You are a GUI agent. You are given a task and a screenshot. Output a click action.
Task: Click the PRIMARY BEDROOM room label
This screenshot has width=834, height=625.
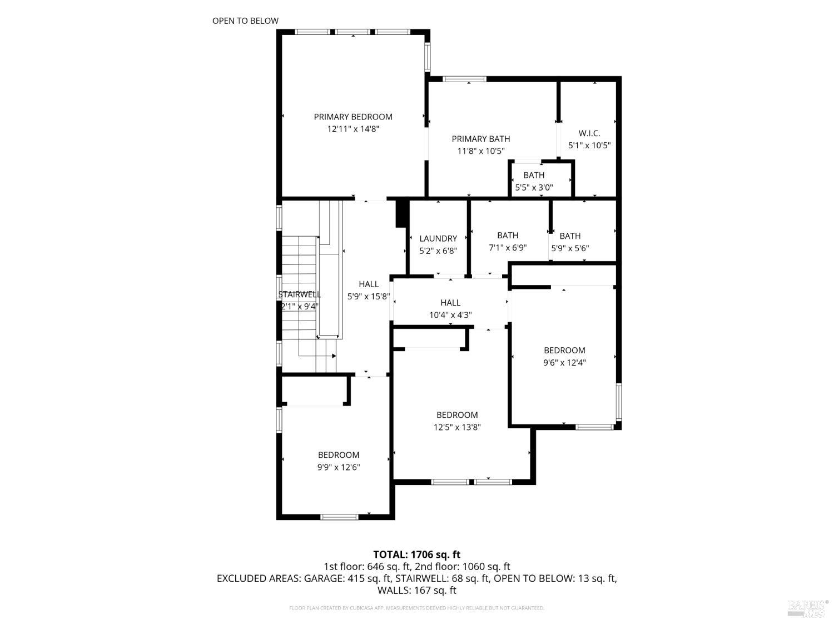click(x=353, y=117)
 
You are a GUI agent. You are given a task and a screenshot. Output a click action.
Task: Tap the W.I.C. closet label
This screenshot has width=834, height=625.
click(x=589, y=133)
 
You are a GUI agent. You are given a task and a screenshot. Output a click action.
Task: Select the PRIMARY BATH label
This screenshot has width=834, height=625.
click(x=480, y=139)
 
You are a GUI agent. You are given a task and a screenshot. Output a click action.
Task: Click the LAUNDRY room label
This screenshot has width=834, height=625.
click(x=438, y=238)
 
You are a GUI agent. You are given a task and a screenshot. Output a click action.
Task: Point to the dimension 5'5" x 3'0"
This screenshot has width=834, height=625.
click(x=534, y=188)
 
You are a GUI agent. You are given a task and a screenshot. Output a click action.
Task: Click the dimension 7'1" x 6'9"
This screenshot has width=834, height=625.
click(x=508, y=248)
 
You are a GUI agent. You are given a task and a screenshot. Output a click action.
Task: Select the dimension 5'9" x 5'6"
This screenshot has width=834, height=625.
click(x=570, y=248)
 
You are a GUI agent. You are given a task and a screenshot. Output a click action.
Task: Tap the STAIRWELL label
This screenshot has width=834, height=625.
click(x=300, y=294)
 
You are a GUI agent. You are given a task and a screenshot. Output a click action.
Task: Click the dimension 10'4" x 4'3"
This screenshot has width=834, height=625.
click(x=450, y=315)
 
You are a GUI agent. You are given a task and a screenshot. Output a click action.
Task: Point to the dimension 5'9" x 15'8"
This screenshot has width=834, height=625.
click(x=369, y=297)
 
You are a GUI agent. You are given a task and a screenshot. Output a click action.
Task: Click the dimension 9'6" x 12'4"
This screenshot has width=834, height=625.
click(x=564, y=363)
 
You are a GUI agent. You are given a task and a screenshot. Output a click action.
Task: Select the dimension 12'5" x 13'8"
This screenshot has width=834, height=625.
click(x=457, y=427)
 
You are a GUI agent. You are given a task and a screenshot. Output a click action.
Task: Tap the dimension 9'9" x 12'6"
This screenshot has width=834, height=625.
click(x=339, y=467)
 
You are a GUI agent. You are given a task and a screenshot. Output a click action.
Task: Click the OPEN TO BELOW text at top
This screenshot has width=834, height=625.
click(x=245, y=21)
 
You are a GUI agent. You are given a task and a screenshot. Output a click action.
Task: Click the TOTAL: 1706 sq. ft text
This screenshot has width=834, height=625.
click(x=416, y=554)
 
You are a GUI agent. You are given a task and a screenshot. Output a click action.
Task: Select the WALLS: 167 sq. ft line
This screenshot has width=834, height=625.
click(x=416, y=590)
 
